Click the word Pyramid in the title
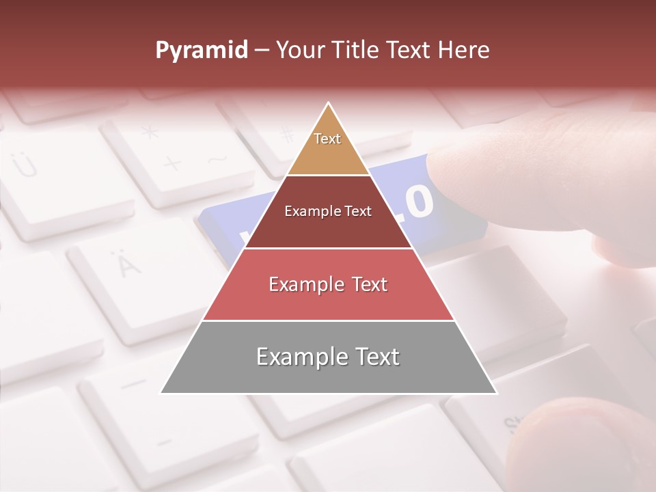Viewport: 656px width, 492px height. pyautogui.click(x=201, y=51)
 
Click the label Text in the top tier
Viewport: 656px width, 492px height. pyautogui.click(x=327, y=139)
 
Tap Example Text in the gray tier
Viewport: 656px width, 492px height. pyautogui.click(x=328, y=357)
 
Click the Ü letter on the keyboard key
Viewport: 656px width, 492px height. pyautogui.click(x=25, y=164)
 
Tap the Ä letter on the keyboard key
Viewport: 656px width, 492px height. pyautogui.click(x=125, y=264)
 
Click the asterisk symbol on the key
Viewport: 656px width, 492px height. pyautogui.click(x=150, y=132)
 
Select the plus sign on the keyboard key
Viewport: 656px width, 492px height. pyautogui.click(x=172, y=163)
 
